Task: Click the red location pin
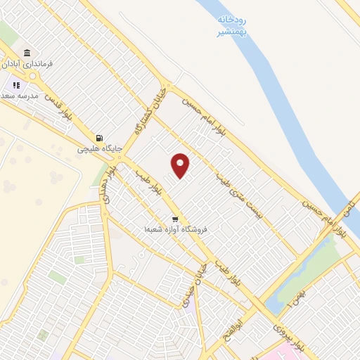[x=181, y=165]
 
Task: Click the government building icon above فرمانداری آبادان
[x=27, y=53]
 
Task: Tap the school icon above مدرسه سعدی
[x=16, y=86]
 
